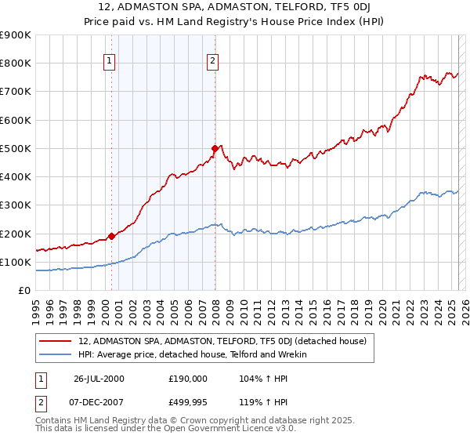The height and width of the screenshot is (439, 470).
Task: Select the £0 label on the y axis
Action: (x=24, y=291)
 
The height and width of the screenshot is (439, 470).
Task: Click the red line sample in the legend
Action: (x=56, y=341)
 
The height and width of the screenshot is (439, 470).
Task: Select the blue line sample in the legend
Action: (x=56, y=354)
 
